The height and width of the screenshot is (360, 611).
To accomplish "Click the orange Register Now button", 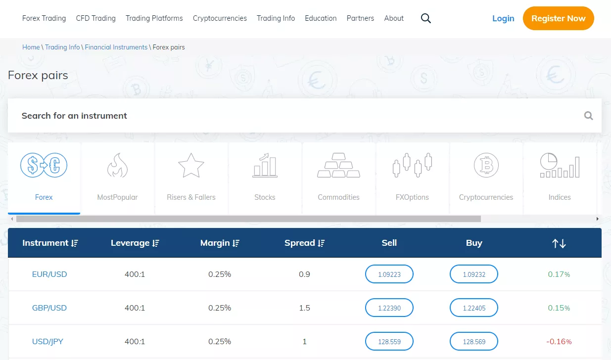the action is (x=558, y=18).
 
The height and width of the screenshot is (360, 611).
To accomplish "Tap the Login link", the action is (x=503, y=18).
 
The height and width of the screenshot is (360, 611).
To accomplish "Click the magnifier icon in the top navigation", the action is (x=426, y=18).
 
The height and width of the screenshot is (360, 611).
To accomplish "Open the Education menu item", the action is (x=321, y=18).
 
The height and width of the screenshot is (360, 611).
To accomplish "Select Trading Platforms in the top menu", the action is (x=154, y=18).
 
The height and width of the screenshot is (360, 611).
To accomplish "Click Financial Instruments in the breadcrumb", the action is (x=116, y=47).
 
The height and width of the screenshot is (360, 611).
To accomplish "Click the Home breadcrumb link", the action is (x=31, y=47).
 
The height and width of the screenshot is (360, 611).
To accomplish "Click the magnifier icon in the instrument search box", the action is (x=588, y=116).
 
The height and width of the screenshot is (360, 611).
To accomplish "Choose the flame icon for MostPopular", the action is (x=117, y=165).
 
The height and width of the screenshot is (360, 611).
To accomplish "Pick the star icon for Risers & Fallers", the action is (x=191, y=165).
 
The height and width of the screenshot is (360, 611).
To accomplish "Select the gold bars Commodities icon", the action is (x=338, y=165).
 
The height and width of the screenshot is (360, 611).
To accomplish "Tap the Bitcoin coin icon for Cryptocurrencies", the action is (x=486, y=165).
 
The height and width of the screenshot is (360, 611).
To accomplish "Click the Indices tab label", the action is (x=560, y=197).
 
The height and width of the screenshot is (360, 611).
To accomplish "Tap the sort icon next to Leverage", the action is (x=156, y=243).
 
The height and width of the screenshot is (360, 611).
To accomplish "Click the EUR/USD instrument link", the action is (x=49, y=274).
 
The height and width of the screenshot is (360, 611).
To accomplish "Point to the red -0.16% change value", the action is (x=559, y=341).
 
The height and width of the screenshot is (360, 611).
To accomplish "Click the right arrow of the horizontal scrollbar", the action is (x=597, y=219).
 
